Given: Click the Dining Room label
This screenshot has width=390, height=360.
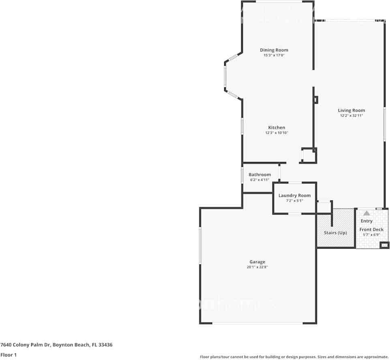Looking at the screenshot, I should pyautogui.click(x=274, y=50).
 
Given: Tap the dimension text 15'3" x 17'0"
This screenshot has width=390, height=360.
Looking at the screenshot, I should pyautogui.click(x=274, y=55).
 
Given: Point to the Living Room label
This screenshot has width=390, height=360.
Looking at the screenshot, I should pyautogui.click(x=351, y=110).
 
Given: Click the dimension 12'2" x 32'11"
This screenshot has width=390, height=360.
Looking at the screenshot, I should pyautogui.click(x=351, y=115).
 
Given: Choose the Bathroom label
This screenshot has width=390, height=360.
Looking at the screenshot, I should pyautogui.click(x=259, y=175).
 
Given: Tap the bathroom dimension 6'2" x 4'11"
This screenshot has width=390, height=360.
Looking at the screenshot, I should pyautogui.click(x=259, y=180).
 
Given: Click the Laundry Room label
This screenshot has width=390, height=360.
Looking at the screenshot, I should pyautogui.click(x=294, y=196).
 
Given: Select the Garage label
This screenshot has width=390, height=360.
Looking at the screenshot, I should pyautogui.click(x=257, y=262).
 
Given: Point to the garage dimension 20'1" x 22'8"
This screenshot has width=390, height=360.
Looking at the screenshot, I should pyautogui.click(x=257, y=267).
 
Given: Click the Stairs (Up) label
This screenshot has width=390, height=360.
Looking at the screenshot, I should pyautogui.click(x=335, y=233).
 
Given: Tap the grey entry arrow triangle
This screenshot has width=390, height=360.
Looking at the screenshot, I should pyautogui.click(x=366, y=213).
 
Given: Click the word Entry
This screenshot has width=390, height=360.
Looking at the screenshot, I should pyautogui.click(x=366, y=221).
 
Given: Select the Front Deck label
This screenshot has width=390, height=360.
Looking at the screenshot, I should pyautogui.click(x=371, y=230).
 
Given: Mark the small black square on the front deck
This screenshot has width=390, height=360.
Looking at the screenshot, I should pyautogui.click(x=384, y=245).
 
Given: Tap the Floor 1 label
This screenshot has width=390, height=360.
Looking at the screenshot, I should pyautogui.click(x=8, y=355).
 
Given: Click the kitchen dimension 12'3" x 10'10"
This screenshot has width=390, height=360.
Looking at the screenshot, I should pyautogui.click(x=276, y=133).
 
